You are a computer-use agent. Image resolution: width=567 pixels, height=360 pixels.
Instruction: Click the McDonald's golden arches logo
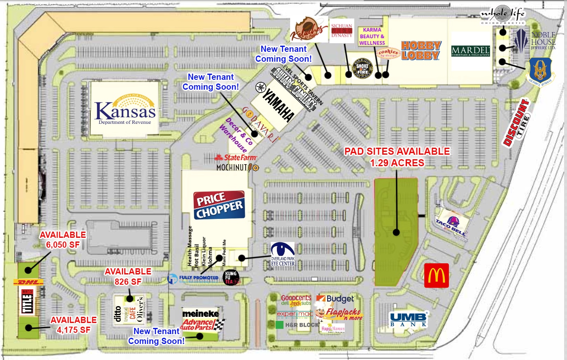point(436,276)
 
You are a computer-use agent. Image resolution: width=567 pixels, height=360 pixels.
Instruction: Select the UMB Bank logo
point(409,319)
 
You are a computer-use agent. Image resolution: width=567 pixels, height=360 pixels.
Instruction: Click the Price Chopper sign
point(219,204)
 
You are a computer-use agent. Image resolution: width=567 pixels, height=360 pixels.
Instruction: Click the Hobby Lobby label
point(421,50)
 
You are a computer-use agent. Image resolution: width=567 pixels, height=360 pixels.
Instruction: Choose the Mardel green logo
point(471,51)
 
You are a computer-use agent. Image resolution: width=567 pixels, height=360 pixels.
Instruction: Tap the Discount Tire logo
point(516,122)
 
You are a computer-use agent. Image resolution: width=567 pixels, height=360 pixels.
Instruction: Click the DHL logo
point(28,282)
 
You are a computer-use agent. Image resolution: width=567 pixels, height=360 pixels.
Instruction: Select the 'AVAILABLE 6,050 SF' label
point(63,239)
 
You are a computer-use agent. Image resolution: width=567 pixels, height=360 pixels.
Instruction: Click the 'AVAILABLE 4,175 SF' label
point(73,325)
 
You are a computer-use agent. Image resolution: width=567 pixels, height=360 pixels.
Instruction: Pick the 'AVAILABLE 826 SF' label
point(128,276)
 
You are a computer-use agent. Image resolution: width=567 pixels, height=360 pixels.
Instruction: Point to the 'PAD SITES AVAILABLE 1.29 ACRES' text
point(397,157)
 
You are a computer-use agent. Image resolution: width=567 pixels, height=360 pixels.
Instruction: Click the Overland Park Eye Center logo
point(283,254)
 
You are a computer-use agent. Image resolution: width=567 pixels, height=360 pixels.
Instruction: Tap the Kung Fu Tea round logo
point(231,277)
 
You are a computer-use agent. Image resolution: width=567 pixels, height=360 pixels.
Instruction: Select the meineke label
point(200,314)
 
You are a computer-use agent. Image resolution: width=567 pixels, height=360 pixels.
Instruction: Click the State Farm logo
point(235,158)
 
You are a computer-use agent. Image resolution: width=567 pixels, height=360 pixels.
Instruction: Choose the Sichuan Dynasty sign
point(342,31)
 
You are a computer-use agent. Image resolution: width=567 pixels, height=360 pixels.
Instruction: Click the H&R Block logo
point(297,325)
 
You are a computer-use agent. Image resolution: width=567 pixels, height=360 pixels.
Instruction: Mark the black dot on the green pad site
point(396,232)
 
